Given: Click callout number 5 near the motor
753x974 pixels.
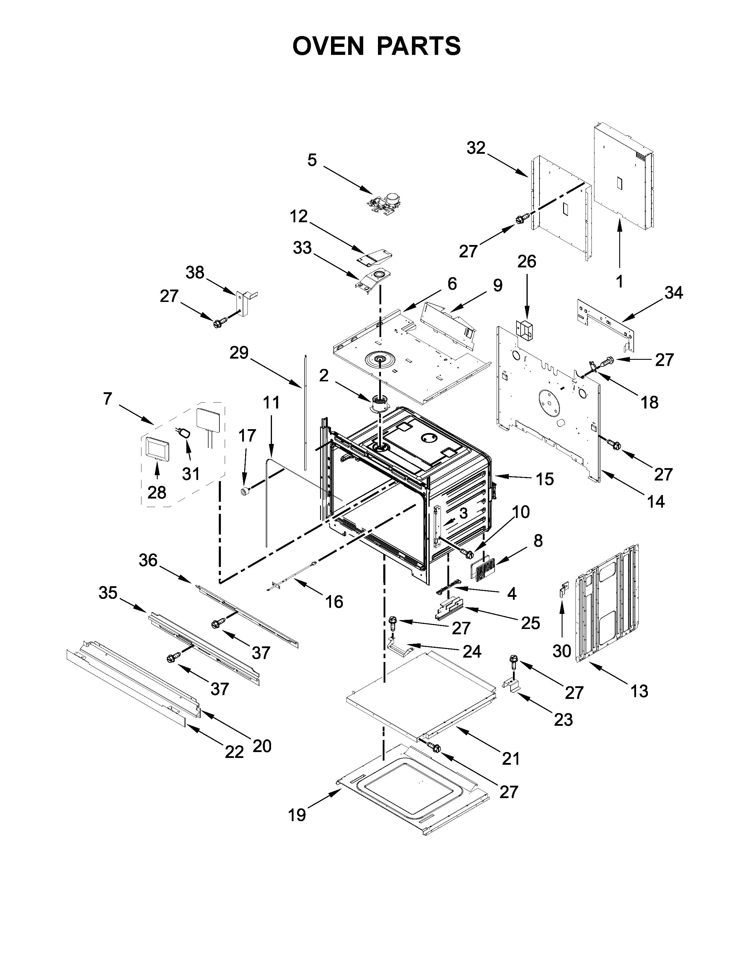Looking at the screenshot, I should pyautogui.click(x=312, y=160).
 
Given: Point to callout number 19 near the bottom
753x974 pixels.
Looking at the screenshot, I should pyautogui.click(x=297, y=815).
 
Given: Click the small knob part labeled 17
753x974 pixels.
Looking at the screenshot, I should pyautogui.click(x=245, y=491).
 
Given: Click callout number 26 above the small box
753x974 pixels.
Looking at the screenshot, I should pyautogui.click(x=527, y=261).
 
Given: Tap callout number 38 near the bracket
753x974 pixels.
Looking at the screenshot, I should pyautogui.click(x=195, y=272).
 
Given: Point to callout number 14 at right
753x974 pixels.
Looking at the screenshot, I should pyautogui.click(x=655, y=501).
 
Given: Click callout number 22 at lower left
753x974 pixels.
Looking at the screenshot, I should pyautogui.click(x=234, y=752).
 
